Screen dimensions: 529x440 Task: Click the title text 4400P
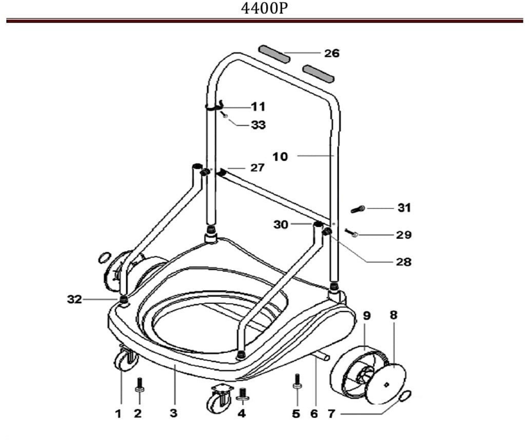click(x=264, y=9)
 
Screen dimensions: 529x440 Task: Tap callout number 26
click(x=332, y=53)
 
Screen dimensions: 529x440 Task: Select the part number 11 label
click(x=258, y=107)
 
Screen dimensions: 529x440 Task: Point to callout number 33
click(x=258, y=125)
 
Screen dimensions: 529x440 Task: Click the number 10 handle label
click(x=280, y=157)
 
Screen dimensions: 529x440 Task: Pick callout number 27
click(x=257, y=168)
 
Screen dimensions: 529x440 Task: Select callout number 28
click(x=403, y=262)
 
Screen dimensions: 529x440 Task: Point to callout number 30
click(x=281, y=224)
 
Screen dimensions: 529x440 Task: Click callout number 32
click(x=75, y=299)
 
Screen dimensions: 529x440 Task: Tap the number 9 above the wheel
click(x=367, y=316)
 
